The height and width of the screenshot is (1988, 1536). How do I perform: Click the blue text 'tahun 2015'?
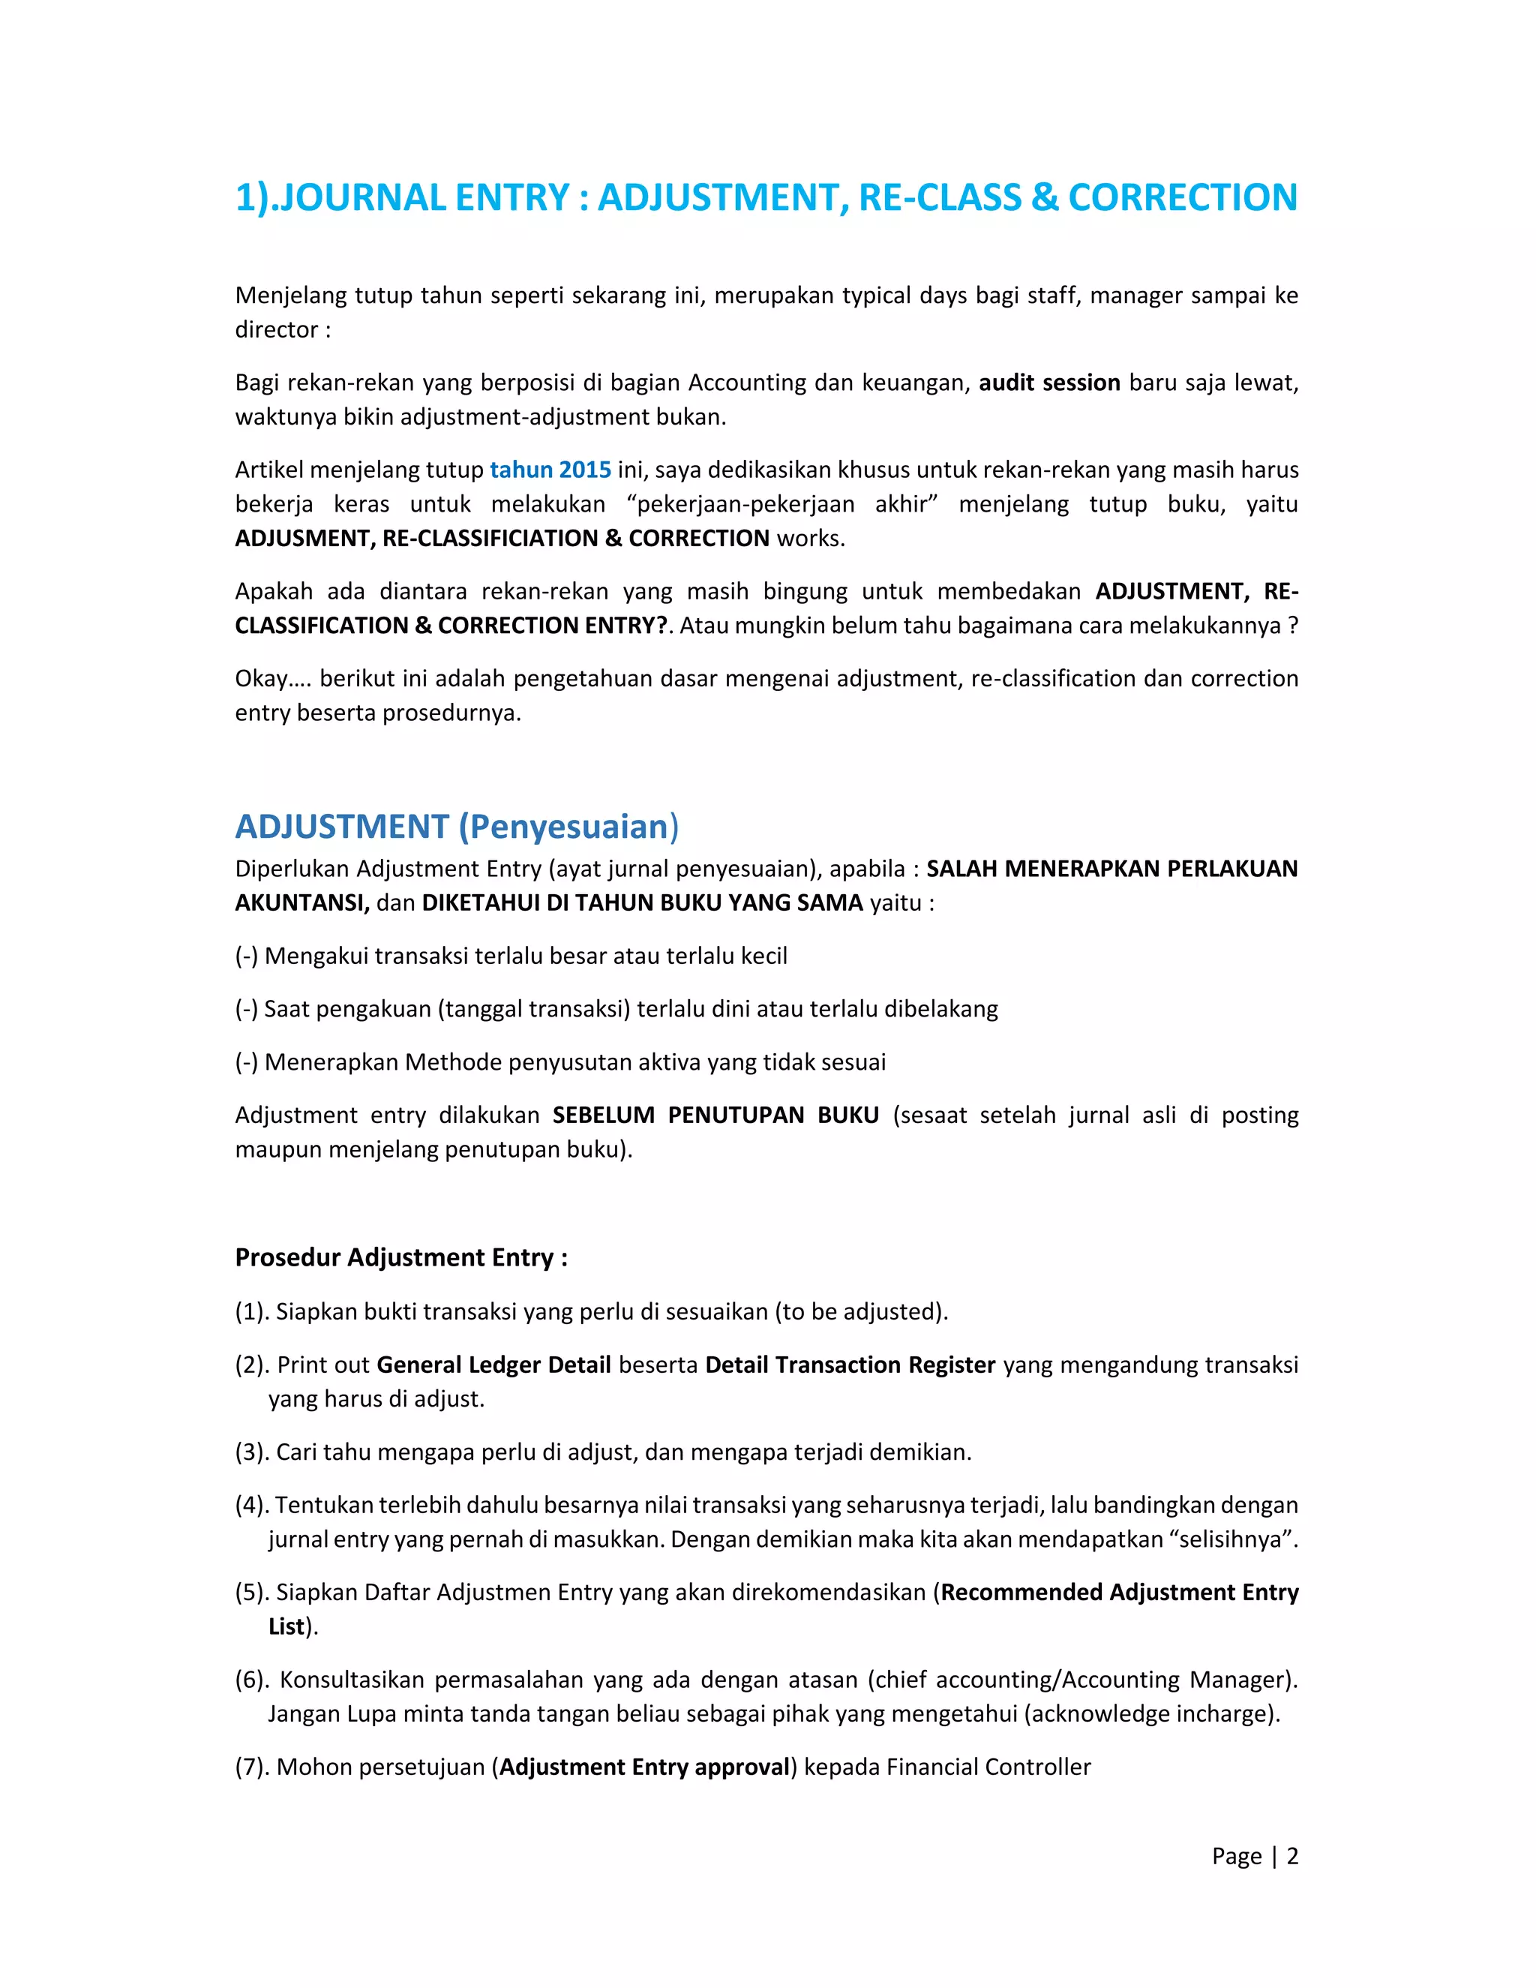(550, 470)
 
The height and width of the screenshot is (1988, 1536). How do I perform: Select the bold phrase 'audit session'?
(1048, 383)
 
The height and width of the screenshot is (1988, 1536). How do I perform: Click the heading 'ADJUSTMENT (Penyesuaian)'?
(456, 827)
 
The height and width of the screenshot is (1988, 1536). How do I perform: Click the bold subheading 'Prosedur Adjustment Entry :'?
(400, 1257)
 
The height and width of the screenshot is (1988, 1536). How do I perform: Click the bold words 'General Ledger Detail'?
(493, 1365)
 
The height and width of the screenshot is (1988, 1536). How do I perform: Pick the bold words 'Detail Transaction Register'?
(850, 1365)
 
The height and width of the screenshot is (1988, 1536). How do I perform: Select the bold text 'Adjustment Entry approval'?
(644, 1767)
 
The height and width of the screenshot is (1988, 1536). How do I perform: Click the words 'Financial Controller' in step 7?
(988, 1767)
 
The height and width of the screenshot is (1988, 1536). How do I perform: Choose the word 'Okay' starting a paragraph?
(261, 678)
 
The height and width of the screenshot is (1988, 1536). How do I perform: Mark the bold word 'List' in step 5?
(286, 1626)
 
